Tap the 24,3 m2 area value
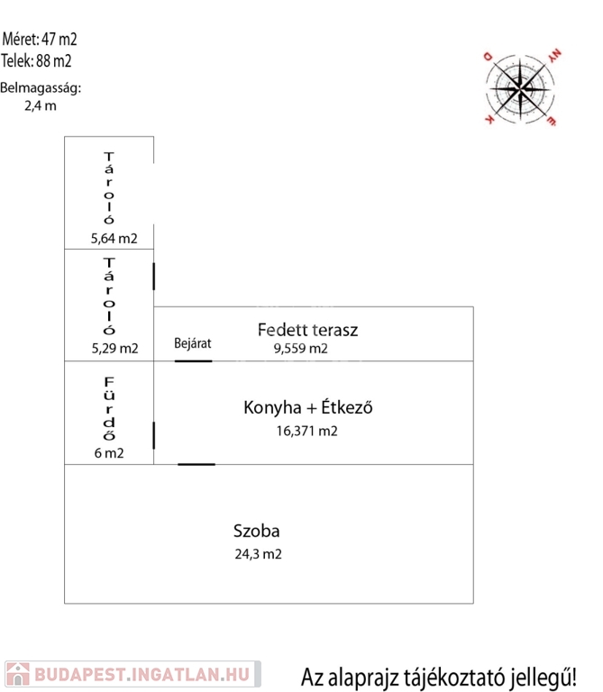[258, 555]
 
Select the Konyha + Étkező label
[307, 407]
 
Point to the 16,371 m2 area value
[306, 431]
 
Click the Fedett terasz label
[307, 330]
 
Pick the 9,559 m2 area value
[300, 349]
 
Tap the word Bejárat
[192, 343]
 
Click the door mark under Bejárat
[193, 361]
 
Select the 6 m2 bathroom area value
[108, 453]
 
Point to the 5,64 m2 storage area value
[114, 239]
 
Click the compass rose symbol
[521, 87]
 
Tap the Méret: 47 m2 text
[41, 39]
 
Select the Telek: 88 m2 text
[37, 61]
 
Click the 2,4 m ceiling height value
[41, 105]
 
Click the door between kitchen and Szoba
[196, 464]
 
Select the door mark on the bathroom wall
[154, 435]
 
